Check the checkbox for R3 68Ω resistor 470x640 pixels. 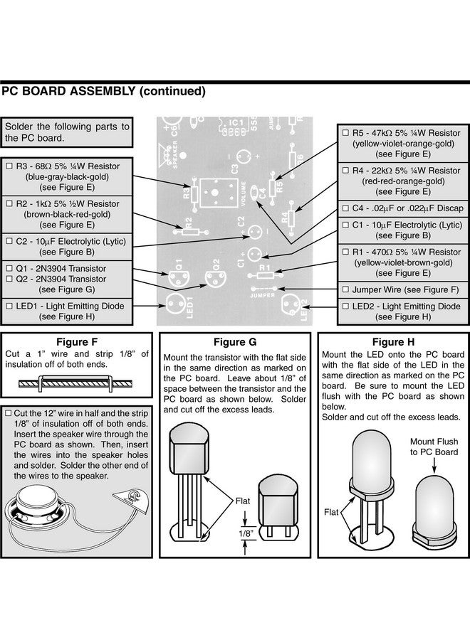click(x=10, y=166)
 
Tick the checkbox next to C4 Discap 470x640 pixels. click(x=345, y=209)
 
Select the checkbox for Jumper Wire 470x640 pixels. click(x=345, y=289)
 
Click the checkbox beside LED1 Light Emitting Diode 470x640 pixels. click(x=10, y=306)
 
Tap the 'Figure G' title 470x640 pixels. click(x=234, y=342)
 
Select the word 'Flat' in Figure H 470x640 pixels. click(x=332, y=511)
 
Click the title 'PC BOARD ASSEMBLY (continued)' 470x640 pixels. click(x=103, y=91)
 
